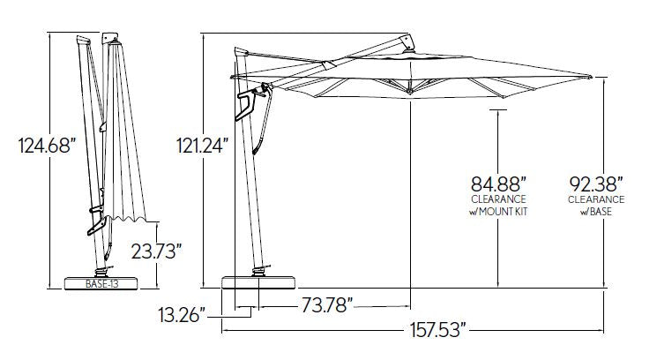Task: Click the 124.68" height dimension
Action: (47, 146)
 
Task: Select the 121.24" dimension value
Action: (203, 146)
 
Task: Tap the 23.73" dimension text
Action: (156, 251)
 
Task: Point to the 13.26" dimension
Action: (182, 315)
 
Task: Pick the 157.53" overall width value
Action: (438, 330)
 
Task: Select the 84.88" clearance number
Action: (498, 184)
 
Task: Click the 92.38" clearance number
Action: (596, 184)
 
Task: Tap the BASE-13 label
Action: (101, 284)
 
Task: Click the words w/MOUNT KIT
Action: (498, 212)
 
